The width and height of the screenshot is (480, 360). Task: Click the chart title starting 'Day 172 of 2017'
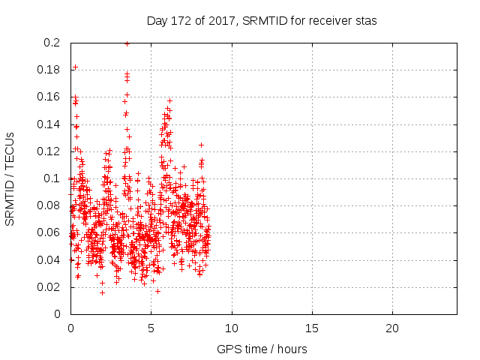(262, 21)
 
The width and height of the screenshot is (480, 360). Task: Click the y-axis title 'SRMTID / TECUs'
(10, 178)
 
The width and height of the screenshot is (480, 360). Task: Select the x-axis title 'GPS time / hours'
(262, 349)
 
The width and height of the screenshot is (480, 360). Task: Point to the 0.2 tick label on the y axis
(52, 43)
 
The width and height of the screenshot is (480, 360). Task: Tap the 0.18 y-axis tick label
(49, 70)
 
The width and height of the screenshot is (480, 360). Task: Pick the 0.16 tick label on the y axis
(49, 97)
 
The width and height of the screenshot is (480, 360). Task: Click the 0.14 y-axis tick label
(49, 124)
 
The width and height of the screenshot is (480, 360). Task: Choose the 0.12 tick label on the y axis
(49, 151)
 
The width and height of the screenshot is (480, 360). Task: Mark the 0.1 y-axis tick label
(52, 178)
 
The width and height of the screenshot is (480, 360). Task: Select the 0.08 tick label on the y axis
(49, 205)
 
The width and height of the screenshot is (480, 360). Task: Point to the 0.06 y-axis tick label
(49, 232)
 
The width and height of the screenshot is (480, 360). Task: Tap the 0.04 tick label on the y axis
(49, 259)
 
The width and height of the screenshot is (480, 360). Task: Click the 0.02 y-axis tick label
(49, 286)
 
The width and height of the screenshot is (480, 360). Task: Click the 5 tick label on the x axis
(151, 328)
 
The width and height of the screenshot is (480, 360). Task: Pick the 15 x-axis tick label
(311, 328)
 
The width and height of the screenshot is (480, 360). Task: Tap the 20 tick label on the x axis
(391, 328)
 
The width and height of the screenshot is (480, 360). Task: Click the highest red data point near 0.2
(127, 43)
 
